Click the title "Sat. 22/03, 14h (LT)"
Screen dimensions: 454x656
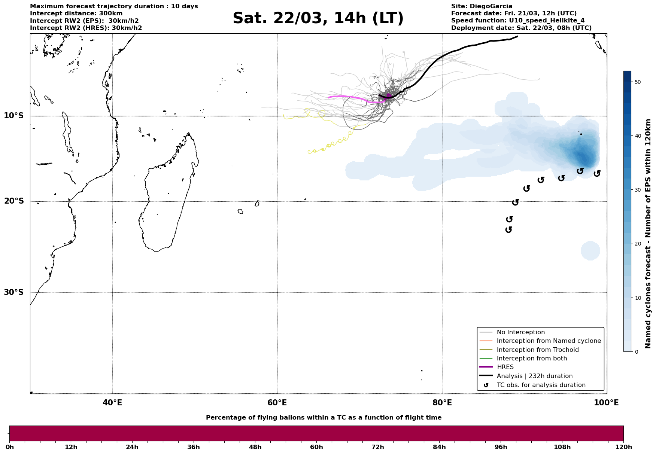pos(318,18)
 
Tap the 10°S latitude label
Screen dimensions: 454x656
pos(14,116)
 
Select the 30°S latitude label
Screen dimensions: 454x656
pos(14,292)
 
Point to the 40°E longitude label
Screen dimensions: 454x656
pos(112,403)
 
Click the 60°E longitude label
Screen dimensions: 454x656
pos(277,403)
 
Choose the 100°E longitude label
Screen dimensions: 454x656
pos(607,403)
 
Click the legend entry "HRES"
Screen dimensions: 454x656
pos(505,367)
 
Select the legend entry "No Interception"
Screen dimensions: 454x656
pos(520,332)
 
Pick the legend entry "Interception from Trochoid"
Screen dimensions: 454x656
pos(538,350)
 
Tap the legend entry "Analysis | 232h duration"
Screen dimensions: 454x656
pos(534,376)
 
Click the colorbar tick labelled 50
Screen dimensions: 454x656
pos(638,82)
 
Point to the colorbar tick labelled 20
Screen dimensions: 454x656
pos(638,244)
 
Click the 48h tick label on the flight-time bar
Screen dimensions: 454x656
pos(255,447)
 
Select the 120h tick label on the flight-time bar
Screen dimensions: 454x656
pos(623,447)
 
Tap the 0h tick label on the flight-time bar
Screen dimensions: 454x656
pos(10,447)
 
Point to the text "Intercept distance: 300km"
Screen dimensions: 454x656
pos(76,13)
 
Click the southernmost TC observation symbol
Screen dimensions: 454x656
pos(508,229)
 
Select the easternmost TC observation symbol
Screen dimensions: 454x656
pos(597,173)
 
